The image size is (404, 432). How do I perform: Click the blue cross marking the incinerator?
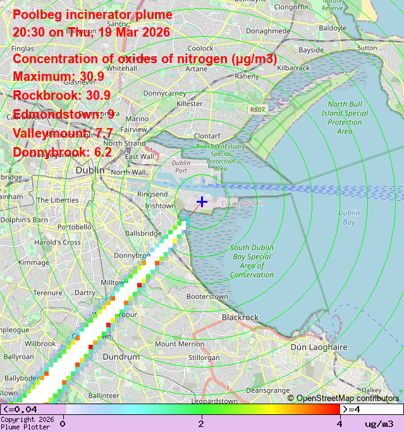(x=202, y=201)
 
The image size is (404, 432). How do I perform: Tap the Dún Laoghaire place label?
(x=319, y=347)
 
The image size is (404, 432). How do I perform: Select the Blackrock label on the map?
(x=240, y=317)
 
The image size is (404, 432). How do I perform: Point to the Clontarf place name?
(x=206, y=135)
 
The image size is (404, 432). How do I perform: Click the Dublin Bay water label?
(x=348, y=217)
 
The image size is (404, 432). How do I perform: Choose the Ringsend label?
(x=153, y=194)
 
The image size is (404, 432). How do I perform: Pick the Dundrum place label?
(x=121, y=357)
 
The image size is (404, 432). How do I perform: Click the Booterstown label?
(x=207, y=296)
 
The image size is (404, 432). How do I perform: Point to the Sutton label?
(x=367, y=47)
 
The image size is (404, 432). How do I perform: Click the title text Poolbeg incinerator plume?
(x=92, y=15)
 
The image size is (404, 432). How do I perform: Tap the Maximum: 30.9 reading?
(x=58, y=77)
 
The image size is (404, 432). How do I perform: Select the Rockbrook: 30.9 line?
(x=62, y=96)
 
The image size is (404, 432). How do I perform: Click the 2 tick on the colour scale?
(x=201, y=423)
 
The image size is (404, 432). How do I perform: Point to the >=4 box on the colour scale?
(x=372, y=409)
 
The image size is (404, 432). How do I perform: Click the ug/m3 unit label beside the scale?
(x=379, y=423)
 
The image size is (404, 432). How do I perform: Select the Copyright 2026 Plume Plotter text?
(x=27, y=423)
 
